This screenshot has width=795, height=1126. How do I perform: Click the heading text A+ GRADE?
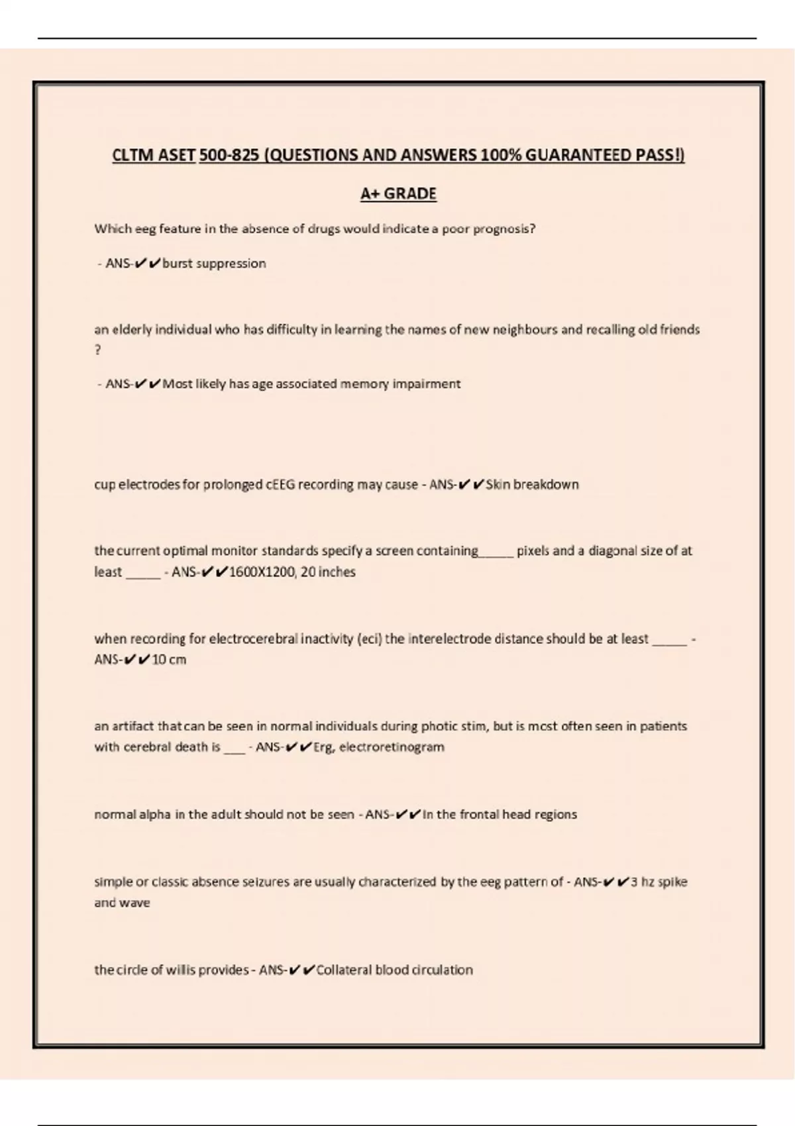tap(398, 193)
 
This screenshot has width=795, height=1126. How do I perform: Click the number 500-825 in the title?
tap(229, 155)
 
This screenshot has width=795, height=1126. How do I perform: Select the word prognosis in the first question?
tap(503, 229)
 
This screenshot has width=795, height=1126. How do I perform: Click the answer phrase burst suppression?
tap(214, 264)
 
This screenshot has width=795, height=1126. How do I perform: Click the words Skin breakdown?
tap(532, 485)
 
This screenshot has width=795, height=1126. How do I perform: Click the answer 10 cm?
tap(169, 660)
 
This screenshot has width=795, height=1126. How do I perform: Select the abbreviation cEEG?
tap(280, 485)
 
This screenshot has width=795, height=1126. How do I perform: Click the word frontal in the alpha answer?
tap(480, 815)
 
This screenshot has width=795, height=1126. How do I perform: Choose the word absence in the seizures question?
tap(178, 882)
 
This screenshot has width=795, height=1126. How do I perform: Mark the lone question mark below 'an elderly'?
tap(98, 350)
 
